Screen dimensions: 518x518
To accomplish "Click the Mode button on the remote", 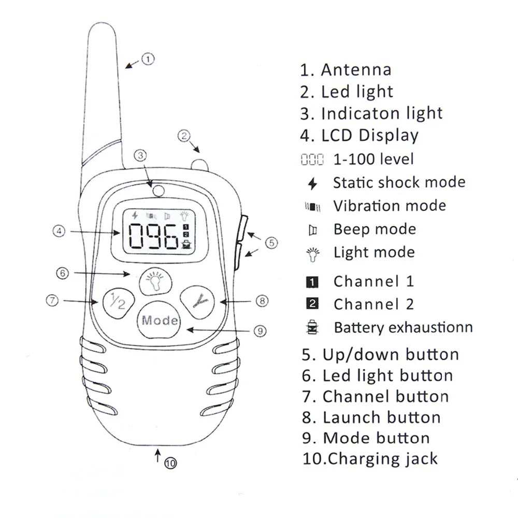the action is (x=160, y=320).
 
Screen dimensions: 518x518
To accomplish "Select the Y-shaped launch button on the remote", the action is (x=197, y=299).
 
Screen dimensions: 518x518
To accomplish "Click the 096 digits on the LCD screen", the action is (x=154, y=238).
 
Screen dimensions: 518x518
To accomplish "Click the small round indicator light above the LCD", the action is (x=157, y=191).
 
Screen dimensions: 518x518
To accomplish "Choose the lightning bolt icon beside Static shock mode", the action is (x=312, y=183).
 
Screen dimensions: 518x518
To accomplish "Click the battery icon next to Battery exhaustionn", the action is (x=312, y=328).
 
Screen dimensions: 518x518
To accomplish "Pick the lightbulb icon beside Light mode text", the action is (x=312, y=253).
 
